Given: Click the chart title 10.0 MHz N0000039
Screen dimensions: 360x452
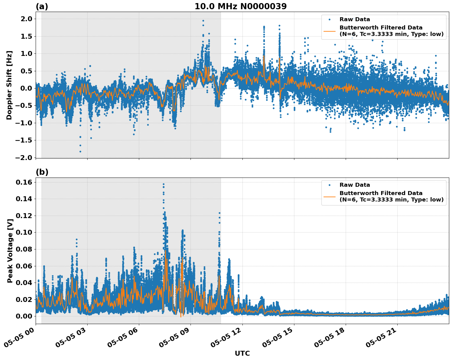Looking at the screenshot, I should [x=240, y=6].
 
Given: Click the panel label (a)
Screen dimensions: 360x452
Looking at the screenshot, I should [x=42, y=6].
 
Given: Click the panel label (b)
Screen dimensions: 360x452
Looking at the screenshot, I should [x=42, y=172].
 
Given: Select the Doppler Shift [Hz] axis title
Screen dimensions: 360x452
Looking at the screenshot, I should [x=9, y=85].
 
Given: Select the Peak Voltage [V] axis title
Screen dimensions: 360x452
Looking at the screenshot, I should [x=10, y=251].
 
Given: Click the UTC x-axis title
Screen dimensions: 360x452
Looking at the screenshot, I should [x=242, y=353].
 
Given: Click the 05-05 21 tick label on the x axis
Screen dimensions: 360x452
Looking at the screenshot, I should [x=383, y=338].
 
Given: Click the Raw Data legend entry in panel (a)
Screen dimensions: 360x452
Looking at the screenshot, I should [x=355, y=19].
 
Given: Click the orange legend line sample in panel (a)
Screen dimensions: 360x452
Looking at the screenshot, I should [x=329, y=31].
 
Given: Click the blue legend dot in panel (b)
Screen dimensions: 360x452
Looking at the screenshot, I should [x=329, y=185].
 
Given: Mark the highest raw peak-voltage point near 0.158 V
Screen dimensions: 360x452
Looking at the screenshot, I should [x=163, y=184].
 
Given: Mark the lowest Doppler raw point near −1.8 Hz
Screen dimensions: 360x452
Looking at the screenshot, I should [x=80, y=151].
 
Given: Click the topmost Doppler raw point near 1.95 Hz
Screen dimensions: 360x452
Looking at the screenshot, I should [x=203, y=21].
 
